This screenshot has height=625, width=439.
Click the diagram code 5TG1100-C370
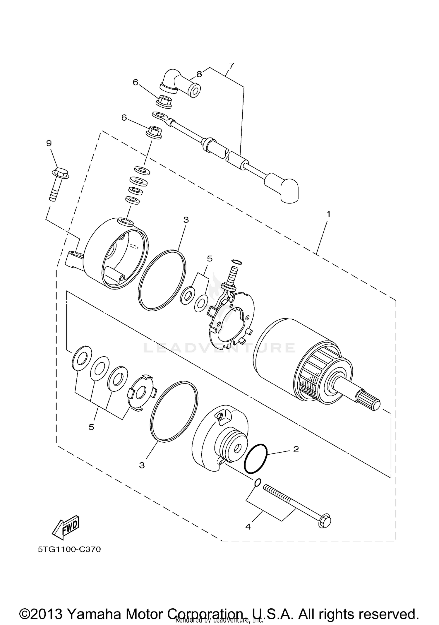[x=69, y=549]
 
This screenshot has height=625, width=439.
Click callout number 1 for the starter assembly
[x=328, y=214]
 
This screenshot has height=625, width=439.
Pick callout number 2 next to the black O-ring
[x=296, y=449]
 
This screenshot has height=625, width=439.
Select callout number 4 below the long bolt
[x=248, y=527]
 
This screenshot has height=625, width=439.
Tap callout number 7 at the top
[x=231, y=66]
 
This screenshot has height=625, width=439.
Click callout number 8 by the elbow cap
[x=199, y=74]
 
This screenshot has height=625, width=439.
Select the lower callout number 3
[x=142, y=465]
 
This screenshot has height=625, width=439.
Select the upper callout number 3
[x=186, y=220]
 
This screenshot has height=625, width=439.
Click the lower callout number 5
[x=91, y=427]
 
